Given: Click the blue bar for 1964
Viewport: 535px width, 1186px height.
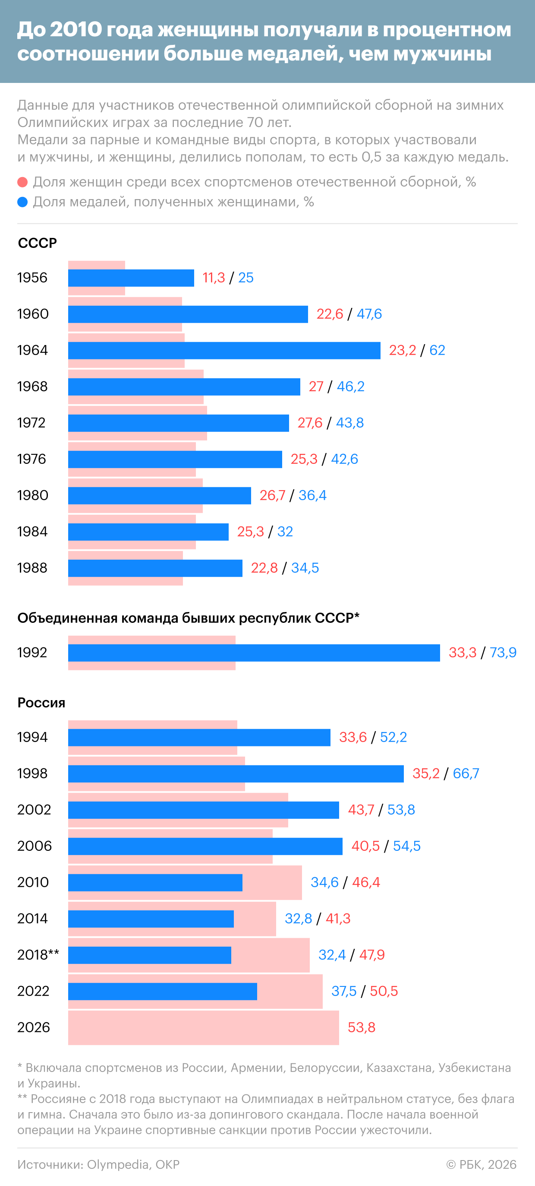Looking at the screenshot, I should (224, 350).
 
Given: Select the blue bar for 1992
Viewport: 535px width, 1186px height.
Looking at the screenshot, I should (254, 653).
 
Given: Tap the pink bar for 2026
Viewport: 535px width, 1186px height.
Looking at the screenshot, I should (203, 1027).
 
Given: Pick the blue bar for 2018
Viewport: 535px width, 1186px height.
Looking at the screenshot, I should (150, 955).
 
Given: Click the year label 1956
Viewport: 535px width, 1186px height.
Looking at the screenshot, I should (32, 278).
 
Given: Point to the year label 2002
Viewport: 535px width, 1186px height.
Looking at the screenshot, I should (34, 809).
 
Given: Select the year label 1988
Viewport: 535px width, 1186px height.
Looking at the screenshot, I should (32, 568).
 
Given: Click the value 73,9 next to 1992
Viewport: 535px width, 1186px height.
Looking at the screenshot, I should (503, 653).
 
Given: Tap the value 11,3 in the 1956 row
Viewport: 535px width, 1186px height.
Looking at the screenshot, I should (214, 278).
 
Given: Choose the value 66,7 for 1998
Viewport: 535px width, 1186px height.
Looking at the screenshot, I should (466, 774).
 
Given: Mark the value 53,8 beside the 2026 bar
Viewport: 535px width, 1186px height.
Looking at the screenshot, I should (362, 1027).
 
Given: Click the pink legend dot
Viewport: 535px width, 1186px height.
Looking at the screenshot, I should (22, 182).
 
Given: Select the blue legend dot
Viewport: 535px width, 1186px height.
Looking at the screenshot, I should (22, 202).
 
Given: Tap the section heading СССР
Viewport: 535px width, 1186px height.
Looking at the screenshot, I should (37, 243).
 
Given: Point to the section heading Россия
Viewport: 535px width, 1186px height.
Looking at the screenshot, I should (41, 703).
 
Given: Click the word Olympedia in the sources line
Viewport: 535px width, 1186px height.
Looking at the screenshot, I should (117, 1164).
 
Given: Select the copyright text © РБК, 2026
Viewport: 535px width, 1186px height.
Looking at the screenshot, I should (481, 1164).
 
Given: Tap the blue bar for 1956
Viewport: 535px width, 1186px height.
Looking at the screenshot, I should (131, 278).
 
